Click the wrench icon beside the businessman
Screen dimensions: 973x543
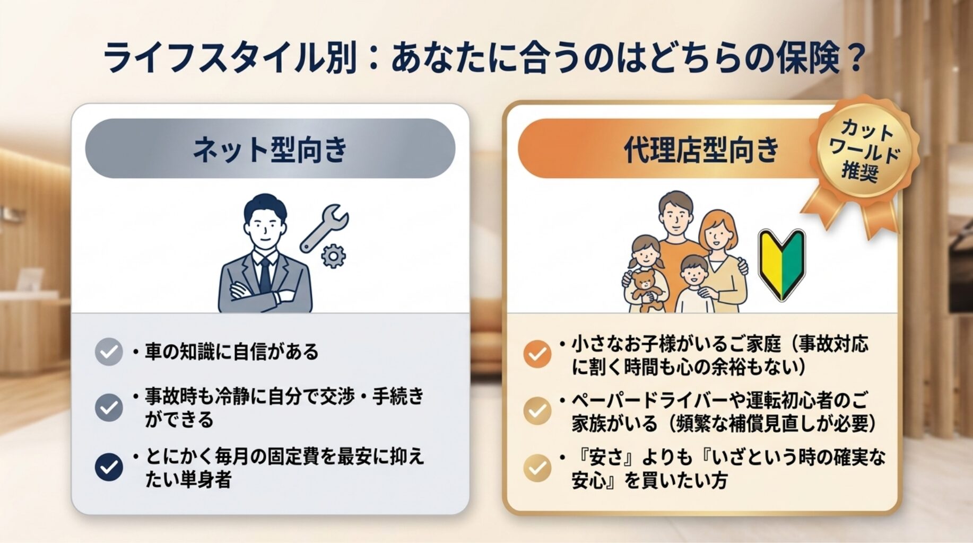[324, 228]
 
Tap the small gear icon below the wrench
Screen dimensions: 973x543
[333, 256]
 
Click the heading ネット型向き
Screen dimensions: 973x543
[270, 149]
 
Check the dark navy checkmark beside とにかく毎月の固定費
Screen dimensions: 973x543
[109, 467]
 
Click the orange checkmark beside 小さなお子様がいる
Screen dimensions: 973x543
[537, 354]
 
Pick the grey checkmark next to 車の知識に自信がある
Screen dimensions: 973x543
[109, 352]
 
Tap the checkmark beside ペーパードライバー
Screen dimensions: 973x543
[537, 410]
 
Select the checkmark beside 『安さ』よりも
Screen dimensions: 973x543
[537, 468]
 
